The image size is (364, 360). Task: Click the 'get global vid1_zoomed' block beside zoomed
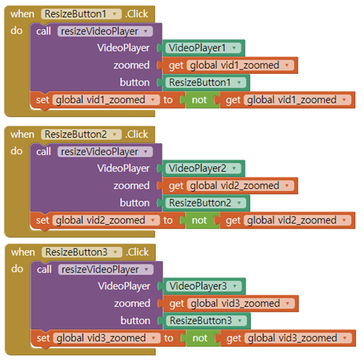click(231, 65)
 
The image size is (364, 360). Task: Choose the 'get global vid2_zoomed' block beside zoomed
click(231, 185)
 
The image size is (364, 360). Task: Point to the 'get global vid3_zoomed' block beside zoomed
click(231, 303)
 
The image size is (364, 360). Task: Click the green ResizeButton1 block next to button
click(206, 82)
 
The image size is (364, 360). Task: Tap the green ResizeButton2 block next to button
click(206, 203)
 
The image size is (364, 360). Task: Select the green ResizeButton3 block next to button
click(206, 320)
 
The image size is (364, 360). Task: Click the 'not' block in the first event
click(199, 100)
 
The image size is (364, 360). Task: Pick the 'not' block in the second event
click(199, 221)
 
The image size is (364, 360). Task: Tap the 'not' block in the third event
click(199, 338)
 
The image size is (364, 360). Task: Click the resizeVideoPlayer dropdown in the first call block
click(104, 31)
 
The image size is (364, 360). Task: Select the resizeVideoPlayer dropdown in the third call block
click(104, 269)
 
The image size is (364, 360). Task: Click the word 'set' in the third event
click(42, 338)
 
